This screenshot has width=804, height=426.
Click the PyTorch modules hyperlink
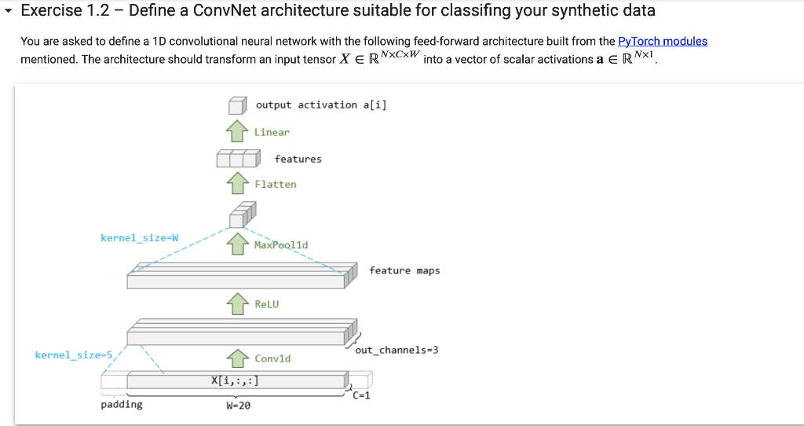coord(663,41)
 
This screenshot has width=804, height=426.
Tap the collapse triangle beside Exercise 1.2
coord(9,11)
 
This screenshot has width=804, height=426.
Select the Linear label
coord(272,132)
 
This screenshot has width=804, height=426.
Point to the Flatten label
coord(276,184)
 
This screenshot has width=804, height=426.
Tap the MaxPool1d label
coord(281,244)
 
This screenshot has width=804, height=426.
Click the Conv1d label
coord(272,358)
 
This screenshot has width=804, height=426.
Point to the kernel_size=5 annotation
coord(74,355)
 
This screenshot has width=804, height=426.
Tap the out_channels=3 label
coord(397,350)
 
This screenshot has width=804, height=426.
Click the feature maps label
coord(404,270)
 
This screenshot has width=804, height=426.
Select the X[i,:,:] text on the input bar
coord(234,381)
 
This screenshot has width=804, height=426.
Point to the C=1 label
coord(361,396)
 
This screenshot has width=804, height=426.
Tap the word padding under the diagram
coord(122,405)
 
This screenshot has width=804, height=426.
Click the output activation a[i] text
coord(321,105)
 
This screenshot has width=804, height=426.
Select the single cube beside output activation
coord(237,106)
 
